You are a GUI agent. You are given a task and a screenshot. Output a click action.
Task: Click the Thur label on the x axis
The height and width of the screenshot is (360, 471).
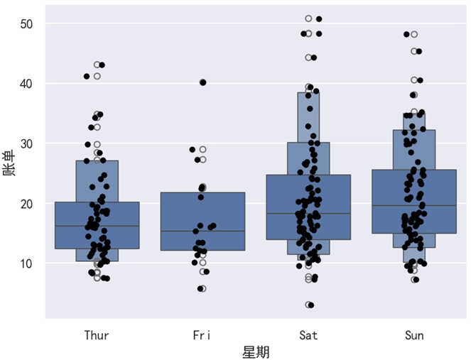pos(97,335)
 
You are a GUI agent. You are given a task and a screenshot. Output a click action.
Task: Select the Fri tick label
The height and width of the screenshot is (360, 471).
pos(203,335)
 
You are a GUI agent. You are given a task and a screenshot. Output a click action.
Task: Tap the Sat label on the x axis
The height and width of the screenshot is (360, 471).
pos(308,335)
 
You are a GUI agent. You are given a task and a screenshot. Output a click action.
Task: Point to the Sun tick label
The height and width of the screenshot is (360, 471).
pos(414,335)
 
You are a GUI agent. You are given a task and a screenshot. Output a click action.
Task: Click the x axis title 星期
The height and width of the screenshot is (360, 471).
pos(256,351)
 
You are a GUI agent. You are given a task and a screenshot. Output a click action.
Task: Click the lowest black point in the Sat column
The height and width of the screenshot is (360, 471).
pos(310,305)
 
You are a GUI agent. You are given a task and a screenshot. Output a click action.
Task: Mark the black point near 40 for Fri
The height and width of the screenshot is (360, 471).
pos(203,82)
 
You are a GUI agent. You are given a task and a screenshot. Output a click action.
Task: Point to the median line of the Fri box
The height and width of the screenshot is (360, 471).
pos(203,231)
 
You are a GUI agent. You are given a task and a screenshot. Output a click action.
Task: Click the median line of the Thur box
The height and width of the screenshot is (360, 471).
pos(97,226)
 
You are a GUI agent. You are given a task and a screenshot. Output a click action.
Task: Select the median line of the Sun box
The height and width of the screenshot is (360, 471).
pos(414,205)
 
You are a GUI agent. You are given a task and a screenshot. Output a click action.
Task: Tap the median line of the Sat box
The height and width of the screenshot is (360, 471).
pos(308,213)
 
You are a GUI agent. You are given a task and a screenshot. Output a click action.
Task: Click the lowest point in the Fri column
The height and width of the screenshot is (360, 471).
pos(202,289)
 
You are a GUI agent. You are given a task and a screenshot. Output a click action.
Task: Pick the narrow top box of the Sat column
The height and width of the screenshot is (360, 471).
pos(308,117)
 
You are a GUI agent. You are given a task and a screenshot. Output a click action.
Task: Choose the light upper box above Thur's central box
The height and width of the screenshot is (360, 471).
pos(97,181)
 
